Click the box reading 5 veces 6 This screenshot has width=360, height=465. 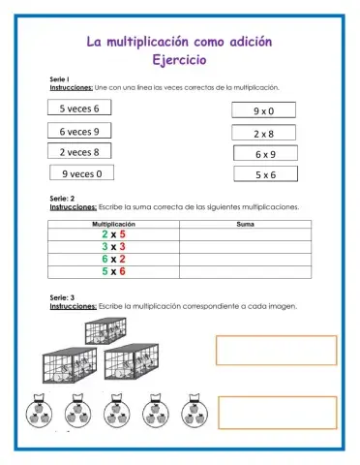pos(79,108)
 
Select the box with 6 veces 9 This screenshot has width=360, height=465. pos(79,130)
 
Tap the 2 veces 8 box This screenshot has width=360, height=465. pos(79,151)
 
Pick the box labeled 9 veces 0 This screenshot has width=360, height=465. pos(82,173)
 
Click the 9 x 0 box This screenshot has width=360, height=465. pos(264,111)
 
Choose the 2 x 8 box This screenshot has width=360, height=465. pos(264,134)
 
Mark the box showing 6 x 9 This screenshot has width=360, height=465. pos(265,154)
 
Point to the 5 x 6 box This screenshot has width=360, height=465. pos(265,175)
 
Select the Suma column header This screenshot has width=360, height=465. pos(245,224)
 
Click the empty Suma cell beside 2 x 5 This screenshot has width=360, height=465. pos(245,234)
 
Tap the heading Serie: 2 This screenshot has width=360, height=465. pos(63,199)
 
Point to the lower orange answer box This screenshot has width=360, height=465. pos(276,412)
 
